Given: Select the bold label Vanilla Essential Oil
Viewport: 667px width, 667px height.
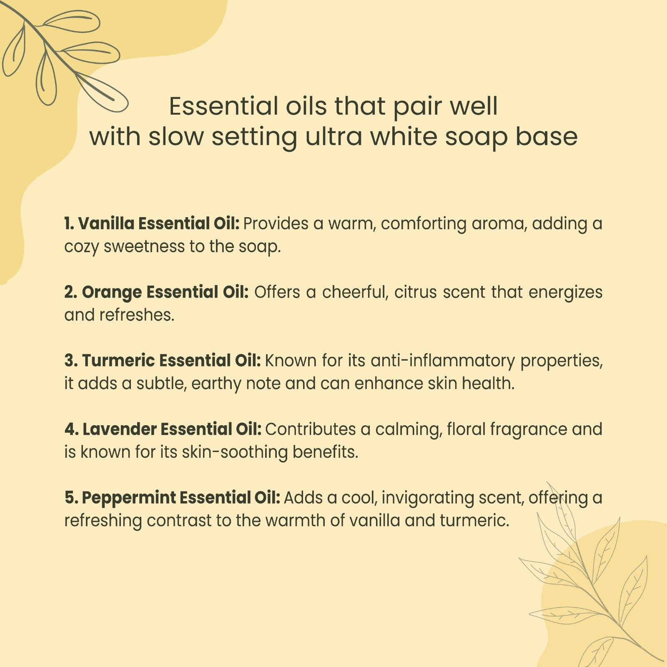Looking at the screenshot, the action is [x=159, y=223].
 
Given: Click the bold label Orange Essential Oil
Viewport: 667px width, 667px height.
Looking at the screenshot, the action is [x=165, y=292].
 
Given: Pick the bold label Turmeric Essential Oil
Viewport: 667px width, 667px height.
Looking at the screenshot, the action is [x=171, y=361].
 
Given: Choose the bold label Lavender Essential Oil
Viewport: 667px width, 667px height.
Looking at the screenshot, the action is [x=172, y=429].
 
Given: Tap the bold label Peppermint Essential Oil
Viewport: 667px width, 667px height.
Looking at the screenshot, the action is [x=181, y=498].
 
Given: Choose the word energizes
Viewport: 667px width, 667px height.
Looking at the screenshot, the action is [x=565, y=293].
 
